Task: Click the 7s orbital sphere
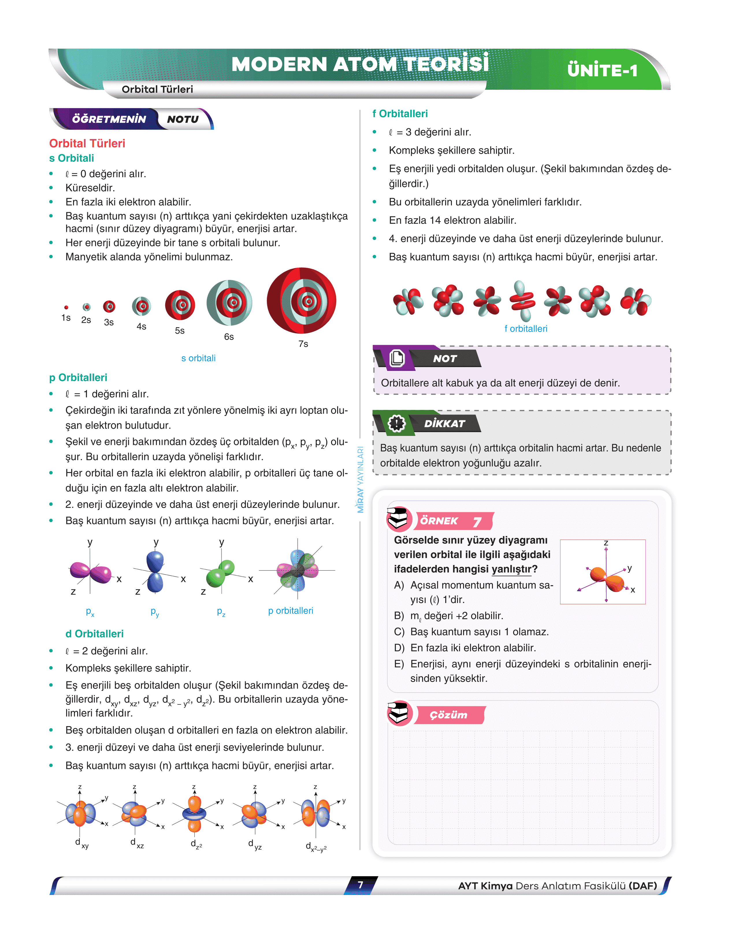coord(301,301)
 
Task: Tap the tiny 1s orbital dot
coord(66,308)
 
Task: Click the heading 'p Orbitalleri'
coord(78,378)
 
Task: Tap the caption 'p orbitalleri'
coord(290,611)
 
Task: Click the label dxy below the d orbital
coord(81,843)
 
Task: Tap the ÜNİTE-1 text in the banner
coord(602,70)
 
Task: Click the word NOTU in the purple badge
coord(183,119)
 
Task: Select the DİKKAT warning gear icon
coord(396,423)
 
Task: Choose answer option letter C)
coord(399,632)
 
